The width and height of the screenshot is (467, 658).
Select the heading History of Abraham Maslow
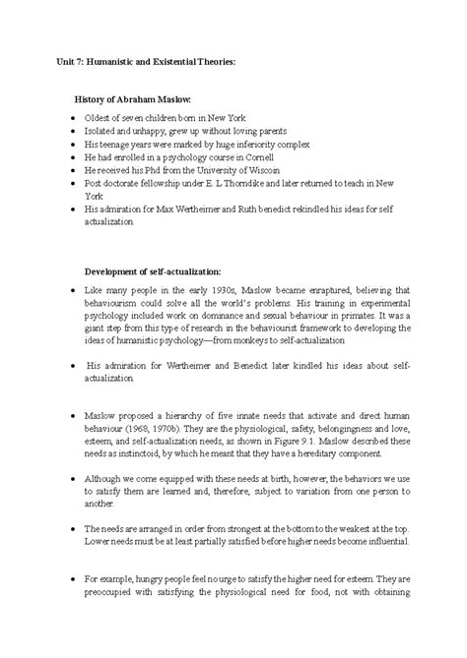pyautogui.click(x=139, y=100)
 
